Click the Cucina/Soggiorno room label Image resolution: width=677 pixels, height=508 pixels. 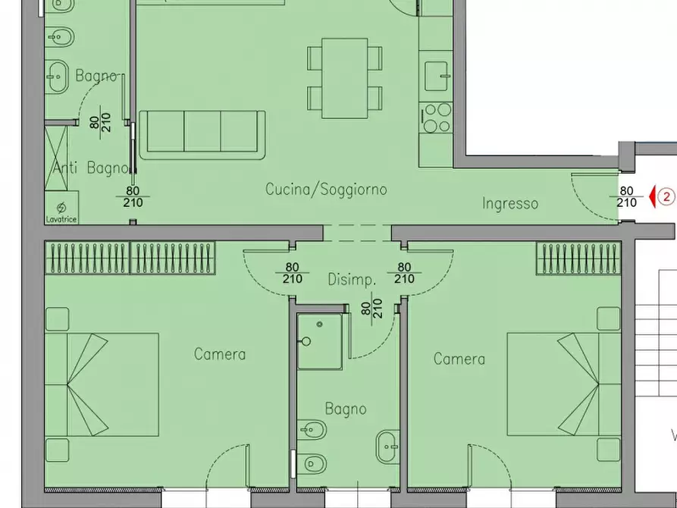click(326, 190)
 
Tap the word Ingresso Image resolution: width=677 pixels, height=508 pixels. click(510, 203)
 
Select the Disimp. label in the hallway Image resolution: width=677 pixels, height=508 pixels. click(351, 280)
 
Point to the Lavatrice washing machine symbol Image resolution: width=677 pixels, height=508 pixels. click(61, 209)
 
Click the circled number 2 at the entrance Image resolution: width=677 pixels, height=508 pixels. click(666, 197)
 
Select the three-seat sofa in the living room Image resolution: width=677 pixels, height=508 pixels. click(202, 134)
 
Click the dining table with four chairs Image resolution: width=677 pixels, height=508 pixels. click(344, 78)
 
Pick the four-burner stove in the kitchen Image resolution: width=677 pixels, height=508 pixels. click(437, 118)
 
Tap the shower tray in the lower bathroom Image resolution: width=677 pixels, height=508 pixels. click(319, 342)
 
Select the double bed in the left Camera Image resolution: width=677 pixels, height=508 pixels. click(102, 384)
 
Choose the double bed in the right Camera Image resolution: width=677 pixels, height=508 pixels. click(564, 384)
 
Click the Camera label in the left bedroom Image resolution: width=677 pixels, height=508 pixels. click(220, 354)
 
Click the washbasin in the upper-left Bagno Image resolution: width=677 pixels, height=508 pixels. click(58, 75)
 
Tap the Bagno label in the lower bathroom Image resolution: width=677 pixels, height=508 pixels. click(346, 409)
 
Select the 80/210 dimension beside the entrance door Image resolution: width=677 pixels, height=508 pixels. click(626, 197)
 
